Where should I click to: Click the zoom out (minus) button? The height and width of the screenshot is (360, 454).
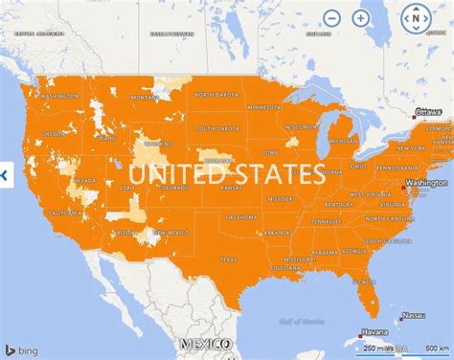coord(331,17)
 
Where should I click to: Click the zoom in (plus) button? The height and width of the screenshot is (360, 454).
coord(360,17)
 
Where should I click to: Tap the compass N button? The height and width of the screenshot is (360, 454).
coord(417,17)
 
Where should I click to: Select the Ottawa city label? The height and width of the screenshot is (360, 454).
coord(428,113)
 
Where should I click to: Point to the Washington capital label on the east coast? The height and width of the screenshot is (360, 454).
coord(426,182)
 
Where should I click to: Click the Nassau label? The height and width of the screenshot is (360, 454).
coord(415,314)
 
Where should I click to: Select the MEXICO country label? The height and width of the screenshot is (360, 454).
coord(206,344)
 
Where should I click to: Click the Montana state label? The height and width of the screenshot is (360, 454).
coord(146,96)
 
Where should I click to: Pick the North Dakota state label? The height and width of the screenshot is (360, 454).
coord(216,95)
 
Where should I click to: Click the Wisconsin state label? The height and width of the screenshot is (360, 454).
coord(304,125)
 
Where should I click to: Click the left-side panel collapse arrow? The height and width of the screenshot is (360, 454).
coord(5,175)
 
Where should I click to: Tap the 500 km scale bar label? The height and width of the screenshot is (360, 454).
coord(438,347)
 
